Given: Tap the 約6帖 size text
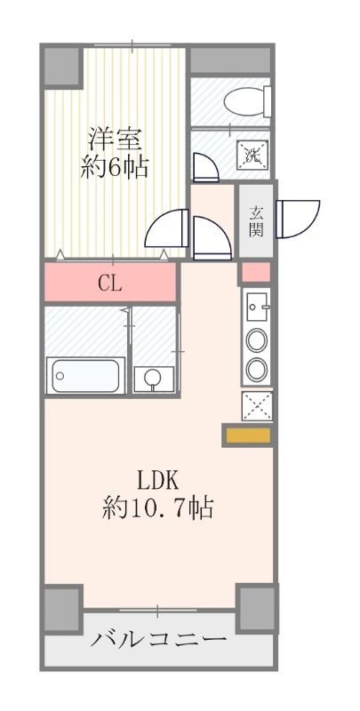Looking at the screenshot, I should [x=115, y=167].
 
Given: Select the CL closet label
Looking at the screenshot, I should [x=110, y=284].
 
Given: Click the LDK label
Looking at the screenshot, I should [x=158, y=480].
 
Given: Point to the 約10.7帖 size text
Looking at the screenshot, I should [x=157, y=509].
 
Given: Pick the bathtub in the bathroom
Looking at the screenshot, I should [x=85, y=375].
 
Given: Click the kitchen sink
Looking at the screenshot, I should [x=257, y=308].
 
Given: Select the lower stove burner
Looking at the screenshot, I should [x=257, y=368].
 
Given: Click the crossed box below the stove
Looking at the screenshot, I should [x=257, y=405].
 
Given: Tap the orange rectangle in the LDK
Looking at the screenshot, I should [x=245, y=436].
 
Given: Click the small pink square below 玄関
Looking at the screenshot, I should [x=256, y=271].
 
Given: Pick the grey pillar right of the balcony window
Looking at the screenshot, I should [x=256, y=607].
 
